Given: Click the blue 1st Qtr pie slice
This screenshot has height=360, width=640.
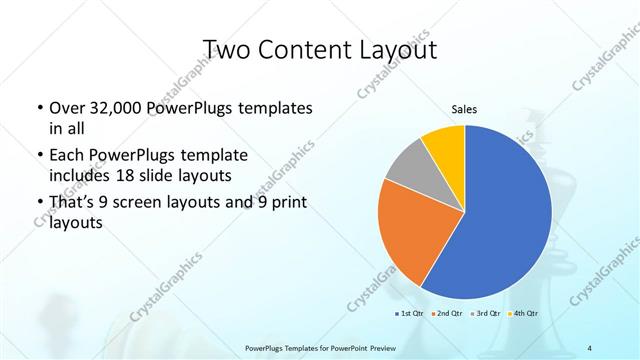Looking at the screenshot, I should pos(500,220).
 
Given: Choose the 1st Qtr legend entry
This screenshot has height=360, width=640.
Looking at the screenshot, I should pos(409,313).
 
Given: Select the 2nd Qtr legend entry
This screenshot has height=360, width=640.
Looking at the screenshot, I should pos(447,313).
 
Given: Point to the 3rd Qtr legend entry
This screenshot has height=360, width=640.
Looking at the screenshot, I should pos(485,313).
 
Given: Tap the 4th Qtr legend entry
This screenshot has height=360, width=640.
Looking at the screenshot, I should pos(523,313).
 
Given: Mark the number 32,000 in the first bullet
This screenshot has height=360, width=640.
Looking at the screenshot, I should pos(111,108).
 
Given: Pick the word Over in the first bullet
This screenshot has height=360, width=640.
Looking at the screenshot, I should pos(66,108).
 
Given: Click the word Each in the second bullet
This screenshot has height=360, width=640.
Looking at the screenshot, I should pos(67,156).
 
